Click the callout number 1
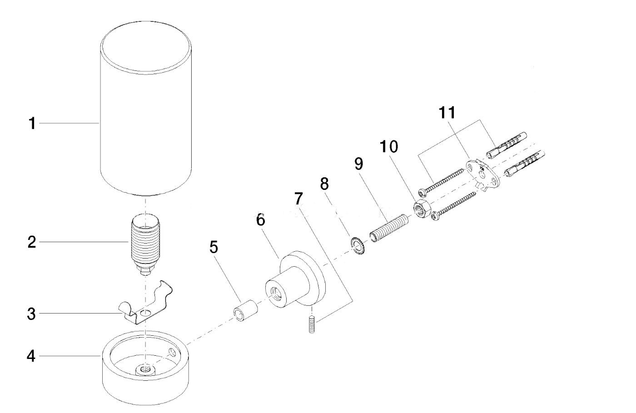(32, 124)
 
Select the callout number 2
(32, 242)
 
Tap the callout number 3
(31, 314)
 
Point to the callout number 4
(31, 356)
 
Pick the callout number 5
(214, 247)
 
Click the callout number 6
(260, 220)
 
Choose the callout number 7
(299, 198)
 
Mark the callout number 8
(324, 184)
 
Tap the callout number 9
(358, 164)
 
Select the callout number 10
(389, 147)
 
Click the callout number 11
(447, 113)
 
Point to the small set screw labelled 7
(312, 324)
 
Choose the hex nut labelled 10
(422, 209)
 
